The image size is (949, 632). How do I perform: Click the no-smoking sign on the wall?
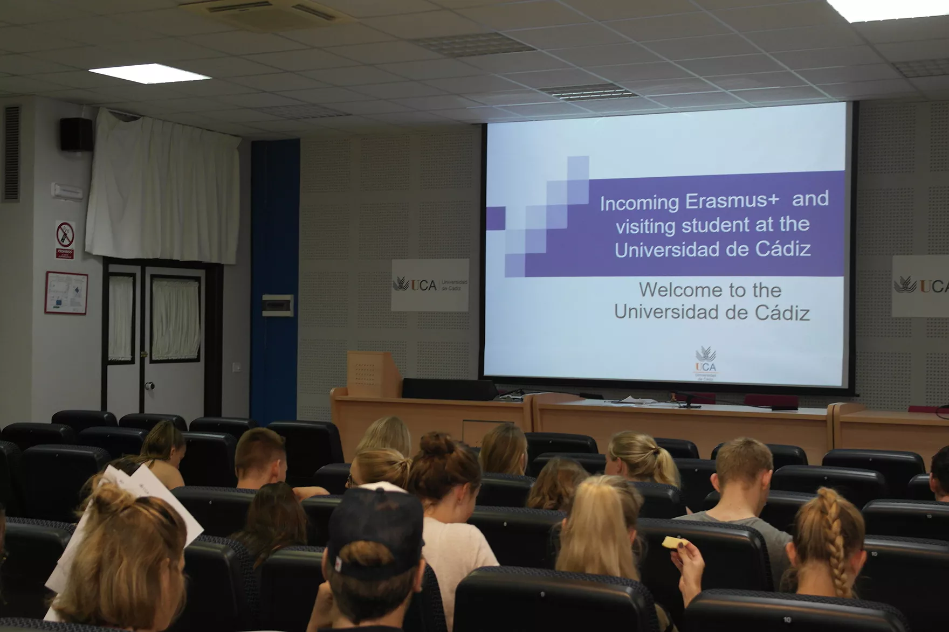[65, 235]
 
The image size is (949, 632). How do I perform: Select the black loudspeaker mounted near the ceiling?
[75, 134]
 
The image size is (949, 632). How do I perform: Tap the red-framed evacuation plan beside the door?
[66, 293]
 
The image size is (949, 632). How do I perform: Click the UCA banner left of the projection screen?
[430, 284]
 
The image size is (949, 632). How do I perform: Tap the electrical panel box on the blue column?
[277, 305]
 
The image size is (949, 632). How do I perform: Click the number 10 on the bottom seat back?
[787, 619]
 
